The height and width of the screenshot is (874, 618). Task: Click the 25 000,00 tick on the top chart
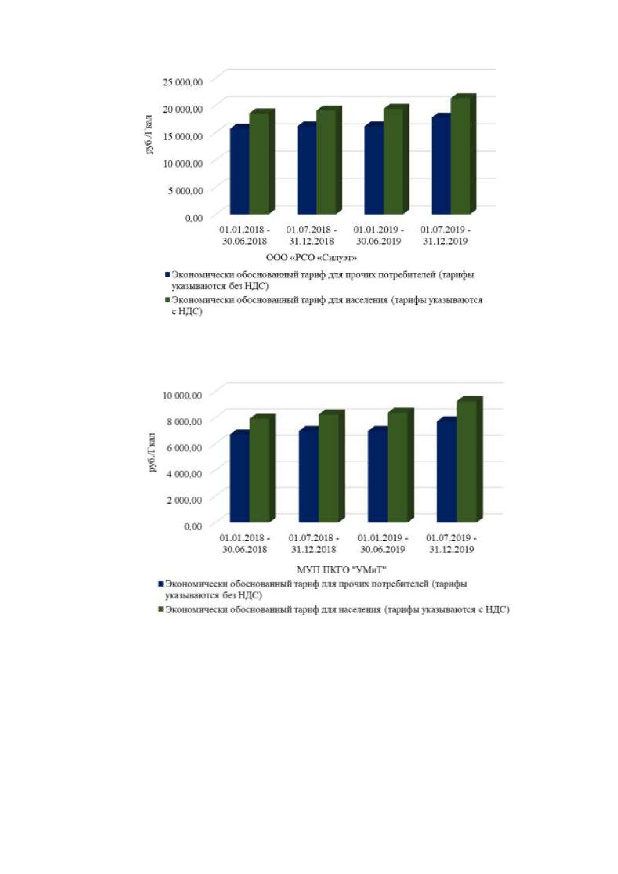[183, 82]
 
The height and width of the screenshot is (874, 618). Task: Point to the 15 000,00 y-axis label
[183, 136]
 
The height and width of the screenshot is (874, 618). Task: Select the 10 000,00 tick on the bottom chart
[182, 395]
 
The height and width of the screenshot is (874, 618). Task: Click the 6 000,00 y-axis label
[185, 447]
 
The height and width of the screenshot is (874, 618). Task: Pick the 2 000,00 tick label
[185, 500]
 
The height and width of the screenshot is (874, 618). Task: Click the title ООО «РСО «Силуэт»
[312, 257]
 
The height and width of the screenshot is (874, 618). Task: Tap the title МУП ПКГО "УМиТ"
[342, 570]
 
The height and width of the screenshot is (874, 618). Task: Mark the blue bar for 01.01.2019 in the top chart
[374, 169]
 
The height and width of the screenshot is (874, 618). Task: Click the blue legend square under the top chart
[168, 274]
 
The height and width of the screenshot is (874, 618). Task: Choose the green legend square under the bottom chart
[161, 609]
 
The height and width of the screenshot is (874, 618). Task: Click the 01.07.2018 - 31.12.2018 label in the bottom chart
[314, 544]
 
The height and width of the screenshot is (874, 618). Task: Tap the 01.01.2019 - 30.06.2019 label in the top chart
[379, 235]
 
